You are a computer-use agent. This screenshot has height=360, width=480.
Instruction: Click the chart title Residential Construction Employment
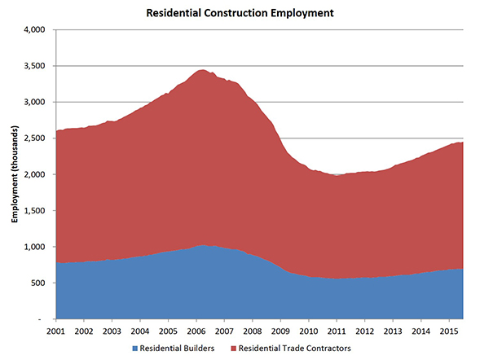[240, 13]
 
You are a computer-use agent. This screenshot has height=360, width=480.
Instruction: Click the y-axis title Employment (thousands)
[15, 174]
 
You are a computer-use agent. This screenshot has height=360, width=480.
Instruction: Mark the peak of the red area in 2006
[201, 71]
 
